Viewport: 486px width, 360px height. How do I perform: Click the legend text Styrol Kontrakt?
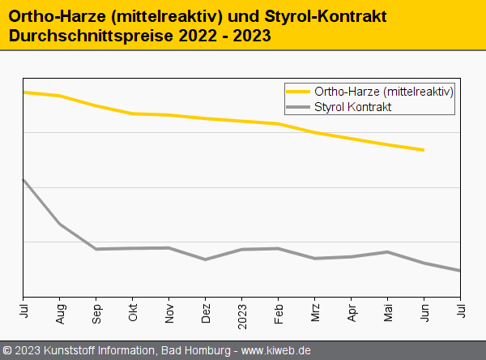(352, 107)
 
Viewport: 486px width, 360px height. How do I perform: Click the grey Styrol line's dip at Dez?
(206, 259)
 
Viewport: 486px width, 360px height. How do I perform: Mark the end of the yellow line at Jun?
(424, 150)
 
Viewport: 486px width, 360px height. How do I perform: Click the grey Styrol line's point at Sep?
(96, 249)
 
